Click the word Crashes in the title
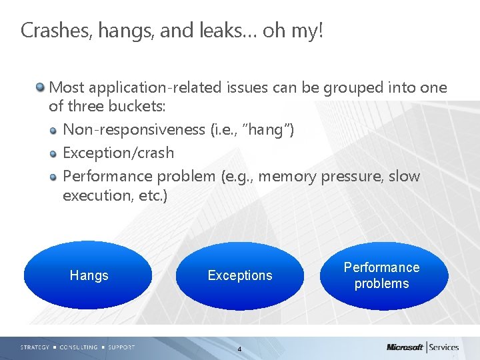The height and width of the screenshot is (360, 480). coord(53,31)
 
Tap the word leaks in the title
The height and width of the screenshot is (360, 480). coord(227,31)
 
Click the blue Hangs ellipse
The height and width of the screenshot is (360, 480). coord(89,275)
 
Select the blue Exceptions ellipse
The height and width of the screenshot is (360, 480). coord(240,275)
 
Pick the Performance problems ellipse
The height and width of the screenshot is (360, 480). coord(381,275)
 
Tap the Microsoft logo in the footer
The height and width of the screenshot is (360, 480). coord(405,347)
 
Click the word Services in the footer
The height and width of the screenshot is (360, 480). coord(444,347)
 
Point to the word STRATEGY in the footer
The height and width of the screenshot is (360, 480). coord(35,347)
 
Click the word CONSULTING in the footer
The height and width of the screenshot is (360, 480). coord(78,347)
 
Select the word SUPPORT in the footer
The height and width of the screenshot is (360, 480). coord(121,347)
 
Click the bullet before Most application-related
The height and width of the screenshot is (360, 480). coord(41,87)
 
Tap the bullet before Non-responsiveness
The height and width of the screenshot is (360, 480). coord(54,130)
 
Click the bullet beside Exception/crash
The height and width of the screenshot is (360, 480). coord(54,153)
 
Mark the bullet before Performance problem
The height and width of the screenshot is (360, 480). coord(54,177)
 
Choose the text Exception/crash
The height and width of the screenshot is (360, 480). coord(118,153)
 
